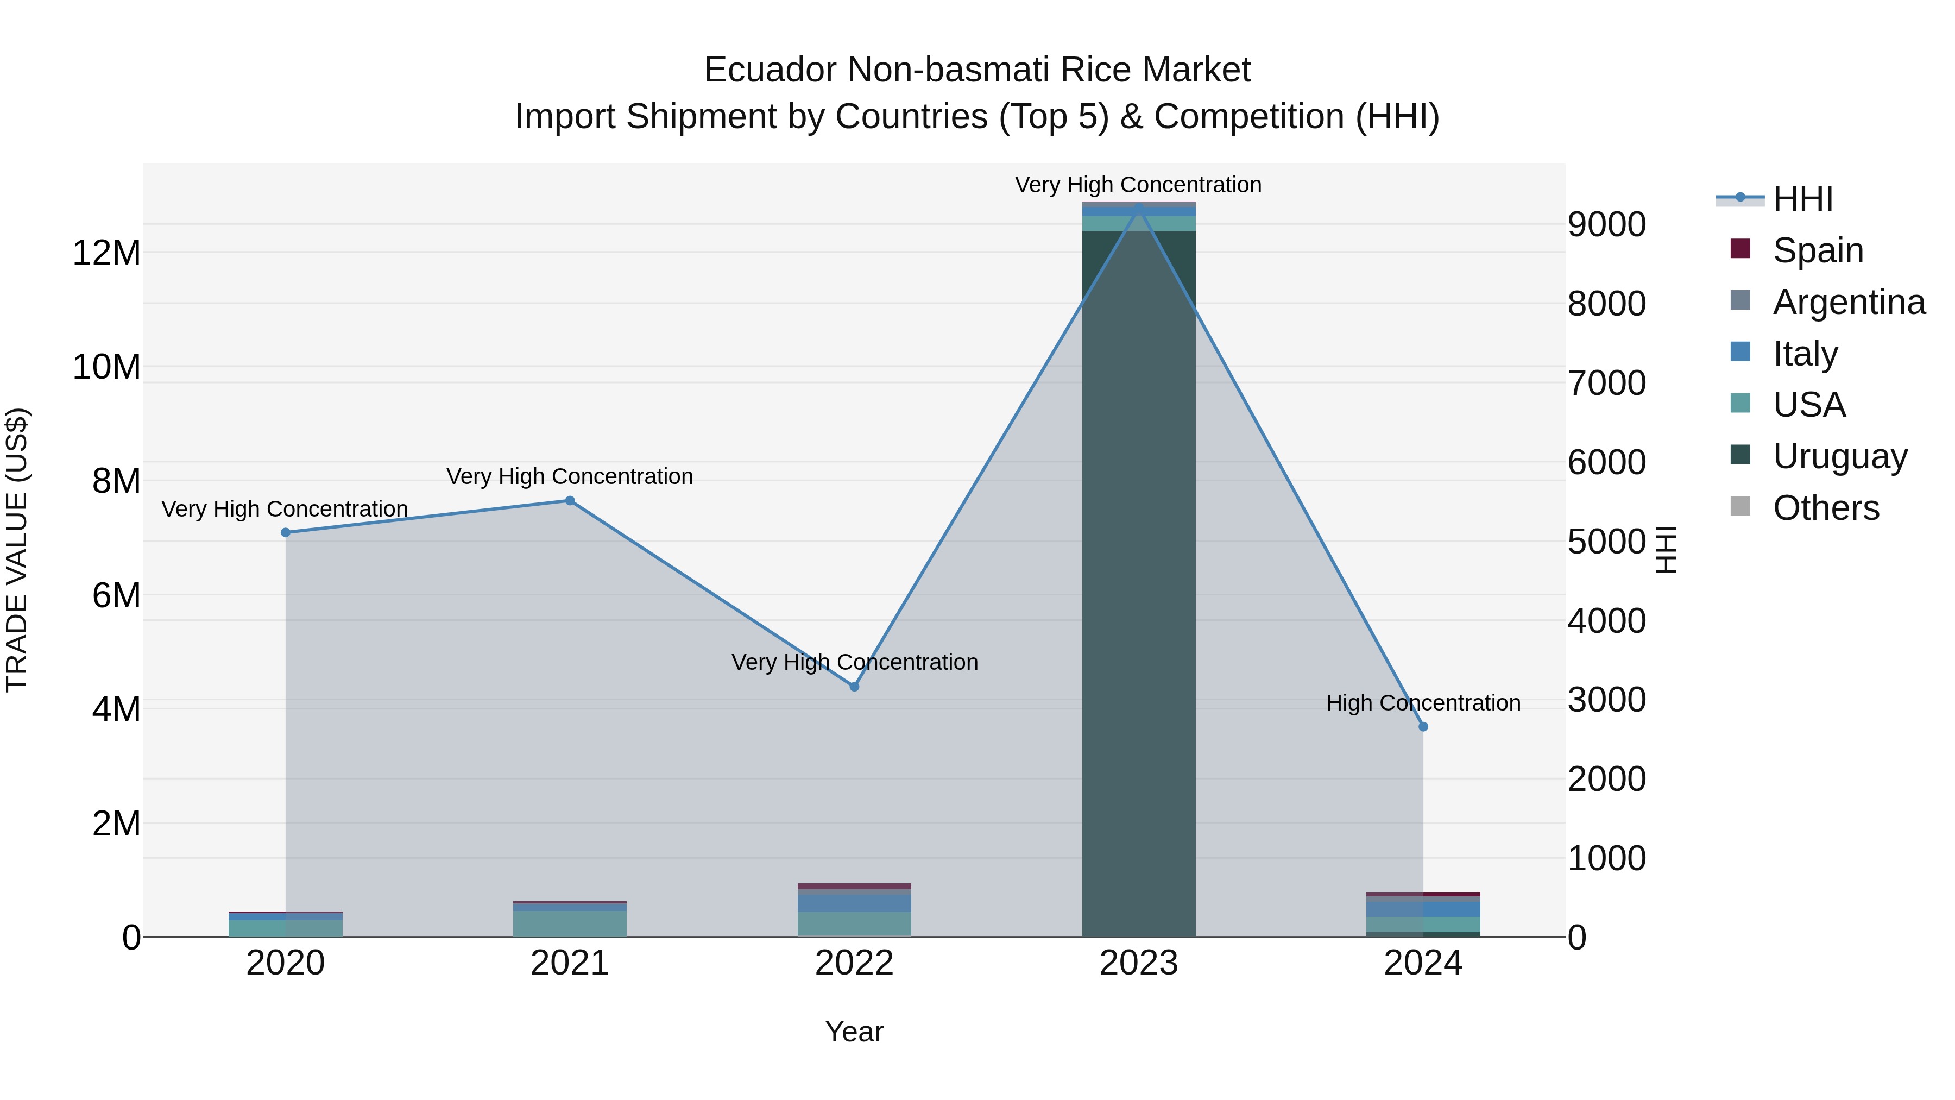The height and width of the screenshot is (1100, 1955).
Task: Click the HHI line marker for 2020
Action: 285,533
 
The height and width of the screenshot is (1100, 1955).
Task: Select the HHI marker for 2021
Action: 570,501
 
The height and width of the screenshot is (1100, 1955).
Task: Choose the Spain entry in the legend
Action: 1818,250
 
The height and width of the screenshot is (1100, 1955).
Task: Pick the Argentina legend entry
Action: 1849,302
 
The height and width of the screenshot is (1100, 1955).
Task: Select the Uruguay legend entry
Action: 1840,456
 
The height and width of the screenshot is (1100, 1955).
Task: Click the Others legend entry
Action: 1826,508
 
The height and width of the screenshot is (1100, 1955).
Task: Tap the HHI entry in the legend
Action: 1802,199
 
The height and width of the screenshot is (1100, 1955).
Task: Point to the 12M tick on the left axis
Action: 106,253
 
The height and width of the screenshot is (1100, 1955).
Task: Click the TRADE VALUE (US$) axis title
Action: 17,550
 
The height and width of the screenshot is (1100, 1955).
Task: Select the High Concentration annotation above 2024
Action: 1423,703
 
